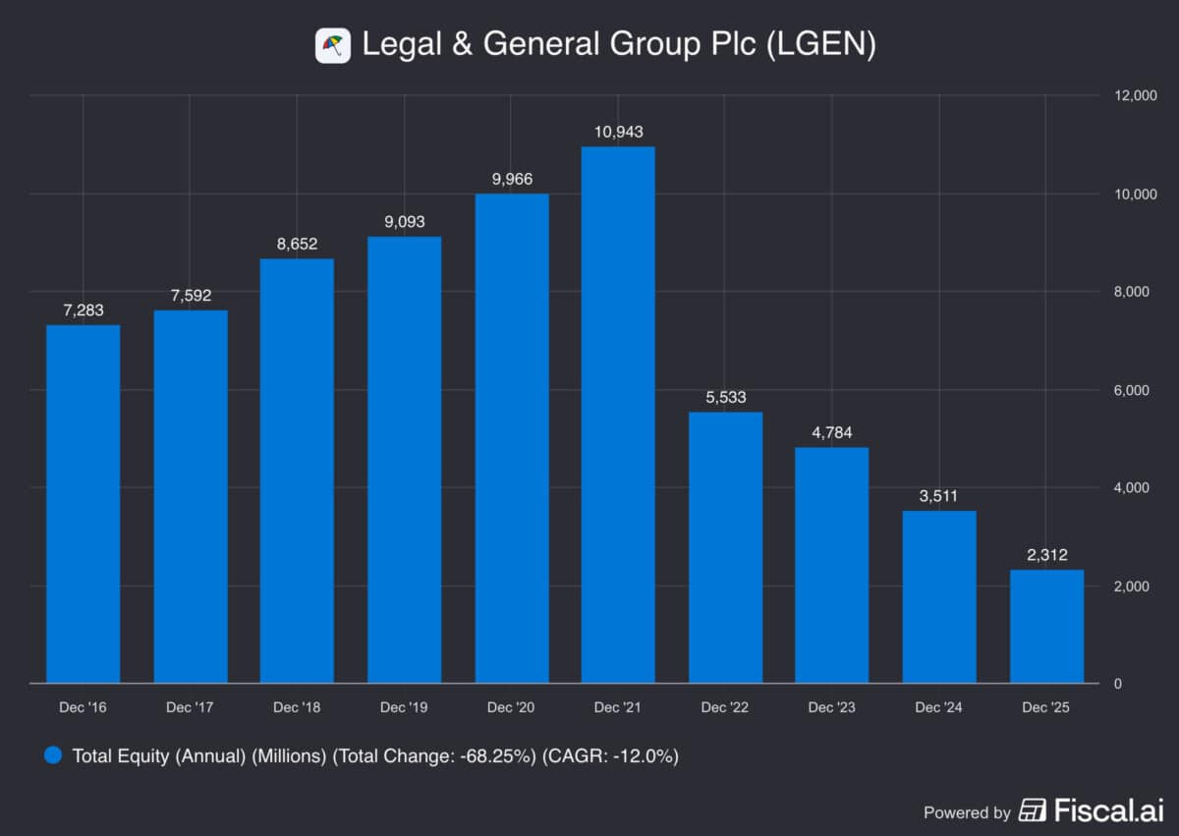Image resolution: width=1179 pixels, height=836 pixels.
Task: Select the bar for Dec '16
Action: pyautogui.click(x=84, y=504)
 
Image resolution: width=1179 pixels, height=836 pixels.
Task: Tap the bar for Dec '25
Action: pyautogui.click(x=1046, y=626)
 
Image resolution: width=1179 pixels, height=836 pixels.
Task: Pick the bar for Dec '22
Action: pyautogui.click(x=725, y=547)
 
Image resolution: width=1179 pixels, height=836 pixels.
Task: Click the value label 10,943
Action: pyautogui.click(x=618, y=132)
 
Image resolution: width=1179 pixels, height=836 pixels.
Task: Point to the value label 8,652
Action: pyautogui.click(x=297, y=244)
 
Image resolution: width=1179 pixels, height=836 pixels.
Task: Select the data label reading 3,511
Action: pyautogui.click(x=939, y=496)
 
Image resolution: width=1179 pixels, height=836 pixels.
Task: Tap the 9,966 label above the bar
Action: pyautogui.click(x=511, y=179)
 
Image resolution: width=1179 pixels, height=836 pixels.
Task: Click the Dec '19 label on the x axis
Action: pyautogui.click(x=404, y=707)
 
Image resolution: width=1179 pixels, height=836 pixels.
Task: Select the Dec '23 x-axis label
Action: pyautogui.click(x=832, y=707)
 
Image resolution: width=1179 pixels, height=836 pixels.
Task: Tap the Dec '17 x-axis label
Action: pyautogui.click(x=190, y=707)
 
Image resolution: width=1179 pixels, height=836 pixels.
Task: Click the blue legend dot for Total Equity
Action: pyautogui.click(x=54, y=755)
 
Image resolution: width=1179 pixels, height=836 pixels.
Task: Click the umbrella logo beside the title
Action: pyautogui.click(x=333, y=45)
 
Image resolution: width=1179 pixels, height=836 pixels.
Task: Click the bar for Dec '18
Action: pyautogui.click(x=297, y=471)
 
